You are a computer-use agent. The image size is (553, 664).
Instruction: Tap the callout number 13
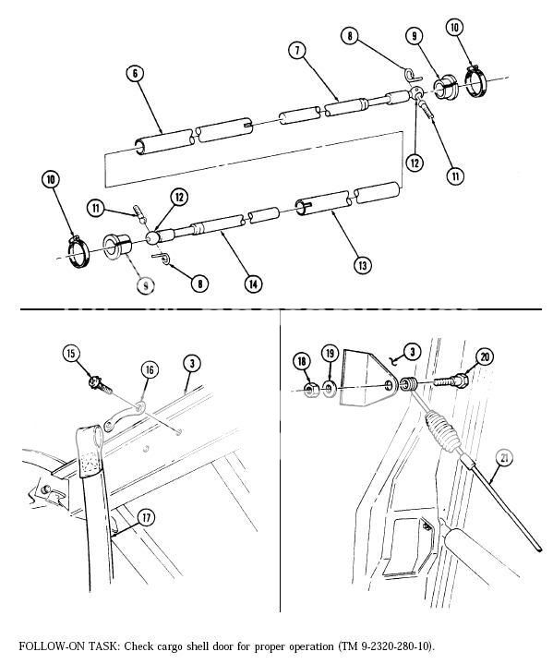coord(364,265)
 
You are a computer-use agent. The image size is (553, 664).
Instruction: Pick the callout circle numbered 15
coord(71,353)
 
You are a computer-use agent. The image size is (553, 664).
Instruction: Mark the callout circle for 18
coord(303,360)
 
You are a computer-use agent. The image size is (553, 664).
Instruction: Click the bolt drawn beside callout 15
coord(96,380)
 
